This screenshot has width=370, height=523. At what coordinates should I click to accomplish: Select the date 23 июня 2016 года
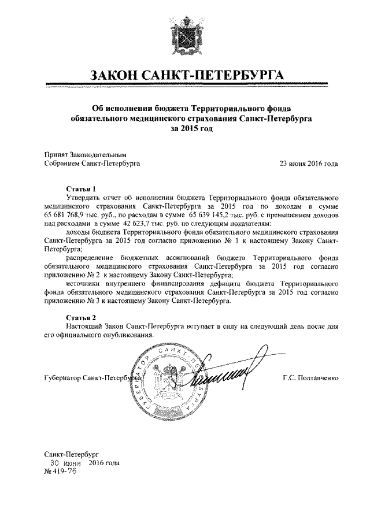[309, 164]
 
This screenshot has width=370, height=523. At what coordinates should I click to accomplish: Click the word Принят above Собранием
[57, 155]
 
